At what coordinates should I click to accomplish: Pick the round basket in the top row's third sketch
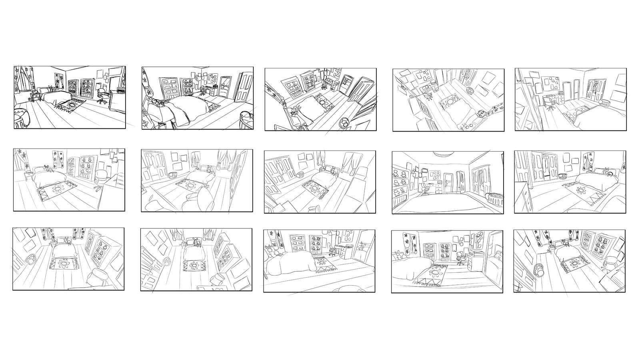(x=344, y=123)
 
